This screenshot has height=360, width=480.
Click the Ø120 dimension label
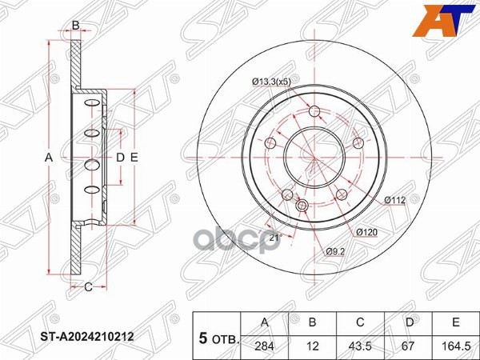pos(366,232)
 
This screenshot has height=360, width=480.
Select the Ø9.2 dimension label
pos(334,253)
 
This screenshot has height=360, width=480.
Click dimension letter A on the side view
pos(49,158)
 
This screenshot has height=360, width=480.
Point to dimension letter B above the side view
pos(75,26)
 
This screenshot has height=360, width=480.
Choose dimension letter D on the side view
pos(120,158)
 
